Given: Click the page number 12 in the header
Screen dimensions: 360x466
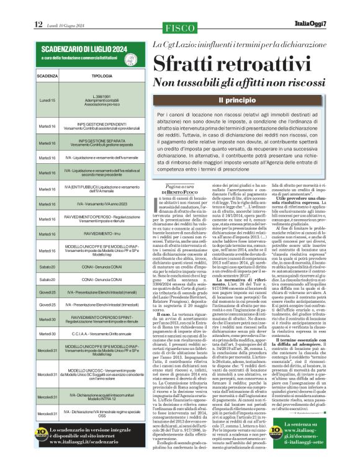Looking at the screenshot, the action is [38, 24].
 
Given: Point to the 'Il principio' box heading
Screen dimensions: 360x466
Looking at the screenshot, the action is [239, 99].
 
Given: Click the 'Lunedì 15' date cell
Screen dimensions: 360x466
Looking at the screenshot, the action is [47, 100].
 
